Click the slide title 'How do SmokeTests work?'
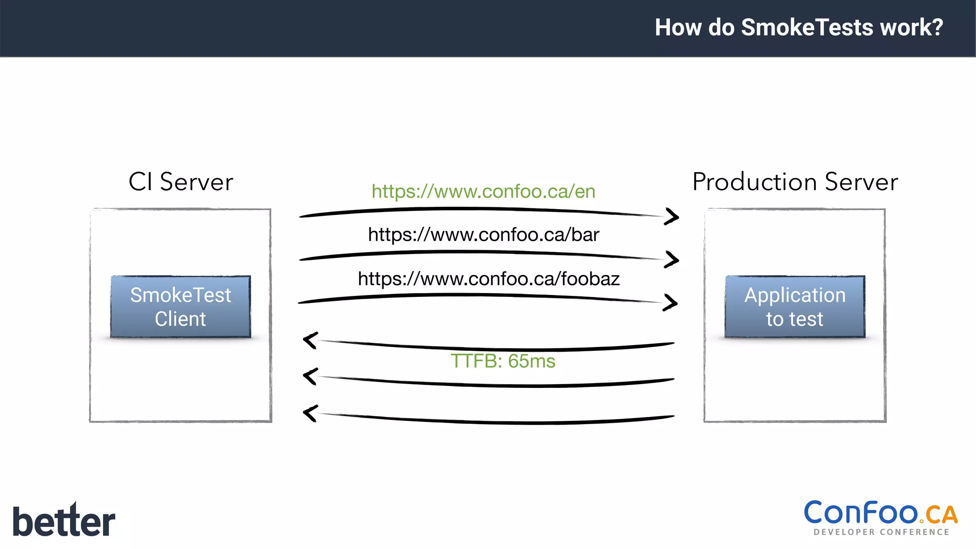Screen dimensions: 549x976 click(x=799, y=27)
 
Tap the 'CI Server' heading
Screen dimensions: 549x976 click(x=181, y=182)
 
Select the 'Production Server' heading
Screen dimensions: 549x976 click(x=795, y=182)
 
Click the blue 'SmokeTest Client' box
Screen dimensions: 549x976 click(x=181, y=306)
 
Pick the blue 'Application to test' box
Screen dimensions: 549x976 click(x=795, y=306)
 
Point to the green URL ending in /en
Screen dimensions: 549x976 click(x=483, y=192)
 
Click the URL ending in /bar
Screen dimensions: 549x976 click(x=483, y=234)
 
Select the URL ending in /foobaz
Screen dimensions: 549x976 click(x=488, y=279)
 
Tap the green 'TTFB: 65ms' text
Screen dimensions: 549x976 click(x=503, y=361)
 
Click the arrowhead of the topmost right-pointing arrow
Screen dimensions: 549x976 click(x=672, y=217)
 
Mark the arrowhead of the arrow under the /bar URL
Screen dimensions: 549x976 click(x=672, y=260)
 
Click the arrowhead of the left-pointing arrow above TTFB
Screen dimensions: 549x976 click(x=310, y=340)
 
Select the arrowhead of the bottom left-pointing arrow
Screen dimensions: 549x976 click(x=310, y=413)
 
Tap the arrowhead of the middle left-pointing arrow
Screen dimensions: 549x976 click(x=310, y=376)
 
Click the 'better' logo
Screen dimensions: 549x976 click(x=64, y=520)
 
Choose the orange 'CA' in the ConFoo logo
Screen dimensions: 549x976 click(x=942, y=515)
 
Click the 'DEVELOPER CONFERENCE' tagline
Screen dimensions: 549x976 click(x=881, y=532)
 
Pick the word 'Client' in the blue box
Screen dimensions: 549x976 click(x=180, y=319)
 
